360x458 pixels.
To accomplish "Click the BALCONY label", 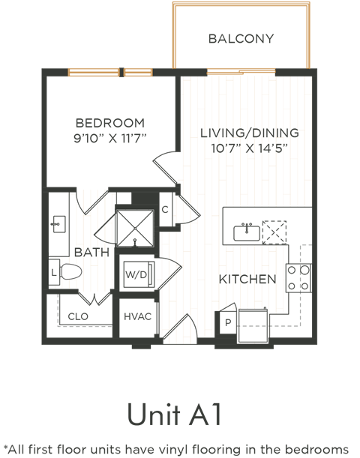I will tap(241, 39).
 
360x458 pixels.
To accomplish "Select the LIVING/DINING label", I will tap(250, 133).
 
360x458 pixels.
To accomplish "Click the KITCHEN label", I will tap(247, 279).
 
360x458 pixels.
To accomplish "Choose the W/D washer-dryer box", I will tap(136, 275).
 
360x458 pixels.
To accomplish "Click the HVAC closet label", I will tap(137, 316).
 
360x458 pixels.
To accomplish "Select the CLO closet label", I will tap(79, 316).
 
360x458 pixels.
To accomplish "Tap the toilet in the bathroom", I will tap(67, 272).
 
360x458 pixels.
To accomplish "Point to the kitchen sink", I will tap(247, 232).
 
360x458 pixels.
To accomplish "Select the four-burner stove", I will tap(299, 277).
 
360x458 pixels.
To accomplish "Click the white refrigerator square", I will tap(253, 326).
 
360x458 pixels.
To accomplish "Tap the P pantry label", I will tap(226, 322).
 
